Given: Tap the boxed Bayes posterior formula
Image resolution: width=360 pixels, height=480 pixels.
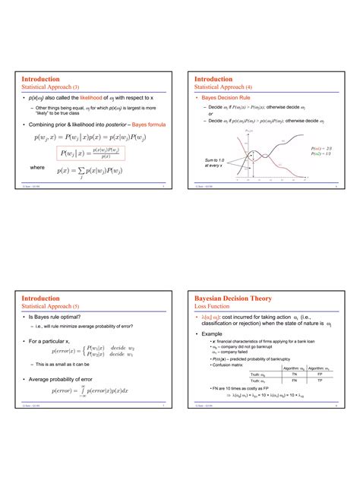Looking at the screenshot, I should pyautogui.click(x=90, y=153).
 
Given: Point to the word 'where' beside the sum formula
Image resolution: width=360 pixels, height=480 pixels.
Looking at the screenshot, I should pyautogui.click(x=36, y=166).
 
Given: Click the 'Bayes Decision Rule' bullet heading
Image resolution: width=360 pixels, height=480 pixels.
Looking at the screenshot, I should pyautogui.click(x=225, y=98).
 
